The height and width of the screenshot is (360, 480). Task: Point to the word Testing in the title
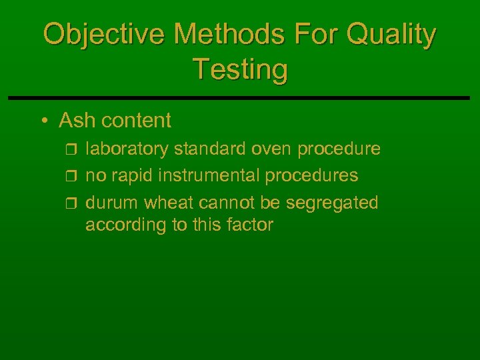(x=240, y=69)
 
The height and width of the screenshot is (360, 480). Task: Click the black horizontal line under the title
(x=240, y=98)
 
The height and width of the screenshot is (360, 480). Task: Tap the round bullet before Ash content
(x=43, y=121)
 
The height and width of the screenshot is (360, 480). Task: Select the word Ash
(x=74, y=121)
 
